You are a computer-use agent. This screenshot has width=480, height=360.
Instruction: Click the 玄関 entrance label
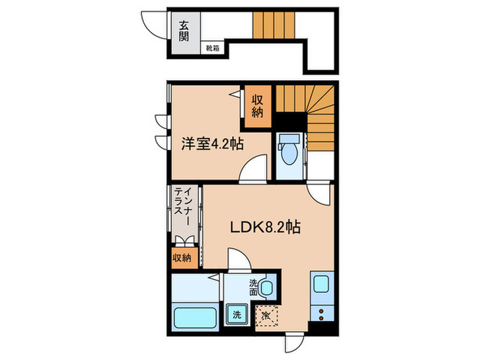coord(184,31)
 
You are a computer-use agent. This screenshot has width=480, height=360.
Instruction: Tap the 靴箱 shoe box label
coord(213,48)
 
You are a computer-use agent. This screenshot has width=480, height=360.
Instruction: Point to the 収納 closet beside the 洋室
coord(258,106)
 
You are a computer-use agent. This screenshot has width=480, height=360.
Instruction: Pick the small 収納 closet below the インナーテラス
coord(182,258)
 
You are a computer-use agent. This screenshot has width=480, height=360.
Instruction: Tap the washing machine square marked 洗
coord(237,314)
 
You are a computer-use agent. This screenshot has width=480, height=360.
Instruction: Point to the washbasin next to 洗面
coord(267,287)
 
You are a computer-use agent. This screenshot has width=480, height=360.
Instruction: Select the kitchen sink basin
coord(321,284)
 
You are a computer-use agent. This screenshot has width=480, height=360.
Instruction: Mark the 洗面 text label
coord(254,287)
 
